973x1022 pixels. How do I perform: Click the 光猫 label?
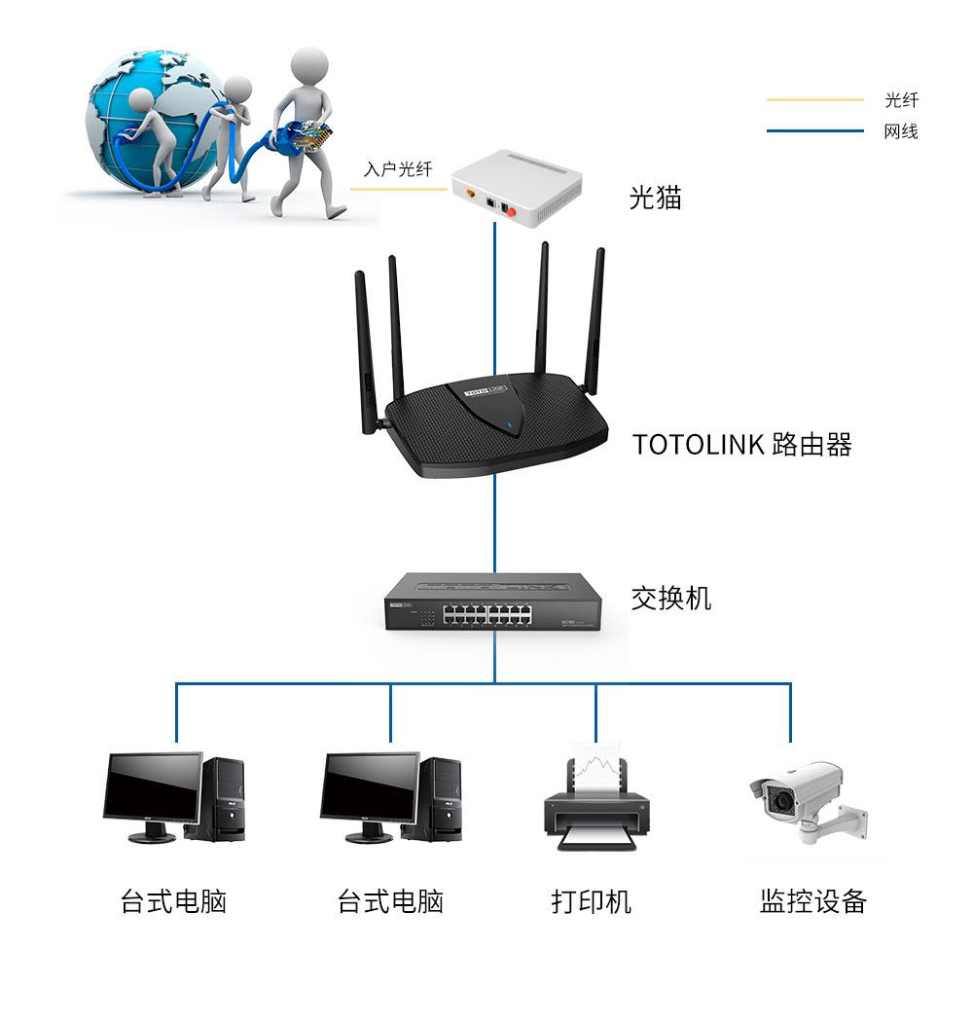pos(655,199)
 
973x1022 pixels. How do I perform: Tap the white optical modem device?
pos(516,191)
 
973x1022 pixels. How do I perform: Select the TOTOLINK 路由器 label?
pos(741,445)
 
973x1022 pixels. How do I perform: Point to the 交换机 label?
pos(670,598)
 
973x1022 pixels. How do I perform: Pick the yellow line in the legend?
pos(814,100)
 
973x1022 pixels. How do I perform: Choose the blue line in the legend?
pos(814,131)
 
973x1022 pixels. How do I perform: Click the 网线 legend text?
pos(900,131)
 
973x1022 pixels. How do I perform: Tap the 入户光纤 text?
pos(397,169)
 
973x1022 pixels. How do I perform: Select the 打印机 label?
pos(591,901)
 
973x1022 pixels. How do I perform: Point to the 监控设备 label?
pos(812,901)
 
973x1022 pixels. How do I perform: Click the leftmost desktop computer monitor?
pos(153,789)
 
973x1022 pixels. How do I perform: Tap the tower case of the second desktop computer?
pos(444,798)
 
